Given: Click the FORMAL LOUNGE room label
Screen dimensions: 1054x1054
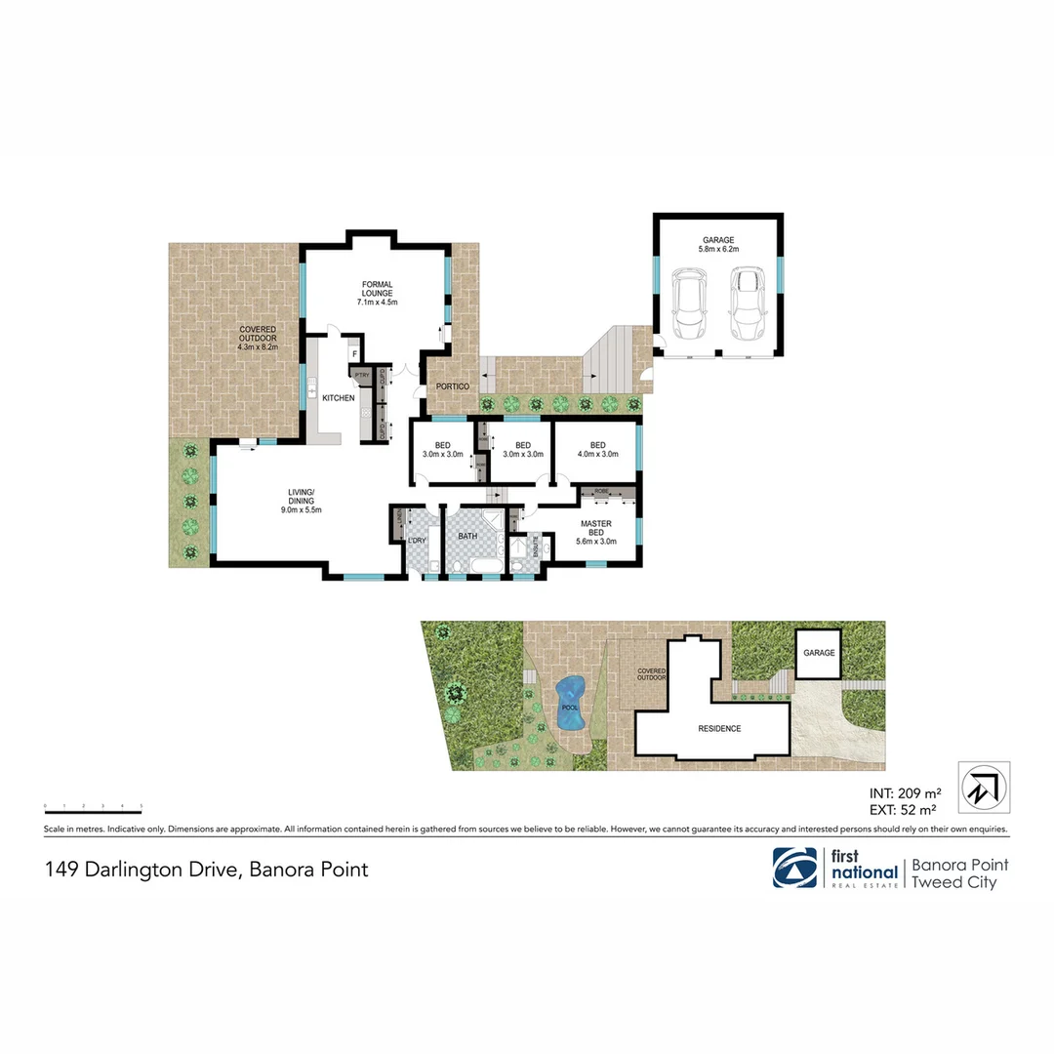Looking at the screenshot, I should point(377,293).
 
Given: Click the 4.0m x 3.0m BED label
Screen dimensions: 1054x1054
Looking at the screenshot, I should point(597,449).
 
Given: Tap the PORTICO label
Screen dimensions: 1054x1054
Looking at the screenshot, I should point(453,386).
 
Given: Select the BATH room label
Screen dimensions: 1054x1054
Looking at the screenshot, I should point(467,536).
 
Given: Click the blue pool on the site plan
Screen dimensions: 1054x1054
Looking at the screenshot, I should point(570,702).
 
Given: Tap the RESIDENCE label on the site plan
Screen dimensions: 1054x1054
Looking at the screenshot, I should point(718,728).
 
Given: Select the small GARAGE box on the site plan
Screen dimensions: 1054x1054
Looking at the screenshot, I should point(819,653).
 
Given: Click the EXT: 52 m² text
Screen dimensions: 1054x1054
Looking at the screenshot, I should point(903,809).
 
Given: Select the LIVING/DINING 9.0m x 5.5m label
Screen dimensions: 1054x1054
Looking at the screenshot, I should point(301,501).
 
